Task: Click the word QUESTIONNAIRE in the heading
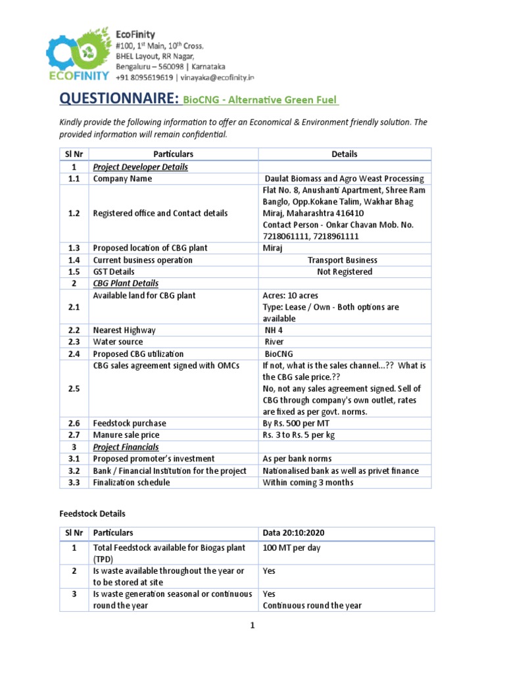[x=118, y=99]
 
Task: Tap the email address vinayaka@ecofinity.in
[x=208, y=77]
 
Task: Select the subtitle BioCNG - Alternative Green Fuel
[x=260, y=100]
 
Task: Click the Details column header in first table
[x=345, y=154]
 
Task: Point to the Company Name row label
[x=122, y=179]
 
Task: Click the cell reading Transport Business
[x=343, y=260]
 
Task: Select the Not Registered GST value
[x=343, y=272]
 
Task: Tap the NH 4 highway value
[x=273, y=331]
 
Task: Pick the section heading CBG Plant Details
[x=126, y=284]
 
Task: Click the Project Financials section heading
[x=126, y=447]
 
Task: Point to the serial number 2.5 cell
[x=74, y=389]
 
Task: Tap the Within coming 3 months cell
[x=308, y=482]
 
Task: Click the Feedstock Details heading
[x=92, y=514]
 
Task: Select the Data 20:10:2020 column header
[x=295, y=533]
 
